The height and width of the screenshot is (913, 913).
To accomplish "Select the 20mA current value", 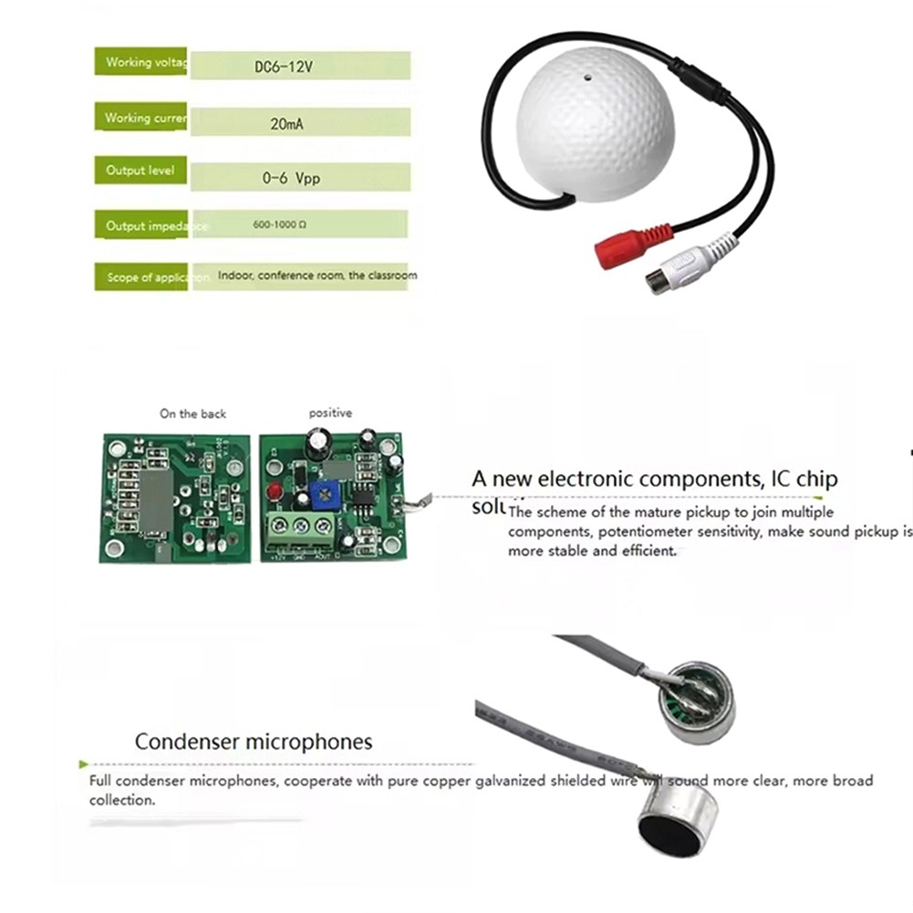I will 287,120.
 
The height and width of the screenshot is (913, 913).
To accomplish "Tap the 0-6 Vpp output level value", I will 291,179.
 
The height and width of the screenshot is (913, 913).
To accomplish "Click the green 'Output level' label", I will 140,171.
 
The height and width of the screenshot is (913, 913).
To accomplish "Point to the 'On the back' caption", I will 192,414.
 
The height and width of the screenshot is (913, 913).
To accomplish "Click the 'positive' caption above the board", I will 330,413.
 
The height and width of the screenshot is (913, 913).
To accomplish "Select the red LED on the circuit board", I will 271,494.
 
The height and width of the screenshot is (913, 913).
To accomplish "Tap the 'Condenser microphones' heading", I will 254,742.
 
